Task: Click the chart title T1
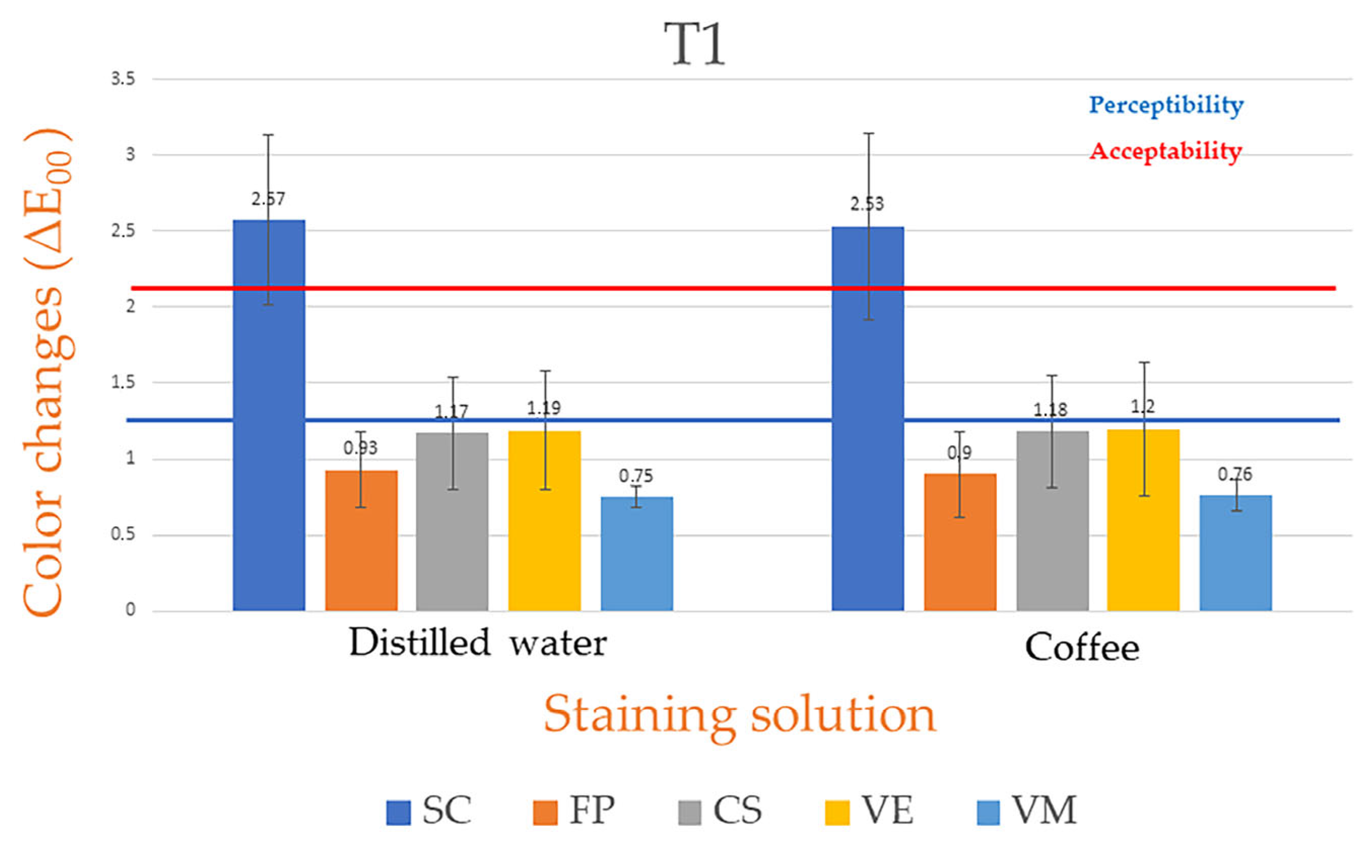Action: pos(695,45)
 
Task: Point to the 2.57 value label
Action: pos(268,198)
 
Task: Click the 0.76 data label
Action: pos(1234,474)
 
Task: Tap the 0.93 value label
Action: pos(360,448)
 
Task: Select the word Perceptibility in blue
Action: pos(1166,105)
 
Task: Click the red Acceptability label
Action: pos(1166,151)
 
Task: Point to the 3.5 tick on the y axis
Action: pos(123,79)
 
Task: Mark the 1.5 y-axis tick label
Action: pos(123,383)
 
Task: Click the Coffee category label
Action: pos(1081,648)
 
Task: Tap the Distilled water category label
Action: pos(478,642)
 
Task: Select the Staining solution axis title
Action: pos(740,715)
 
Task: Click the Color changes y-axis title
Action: pos(48,372)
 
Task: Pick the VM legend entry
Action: pos(1026,810)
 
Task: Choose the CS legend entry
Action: pos(720,810)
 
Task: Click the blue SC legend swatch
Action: pos(398,813)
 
